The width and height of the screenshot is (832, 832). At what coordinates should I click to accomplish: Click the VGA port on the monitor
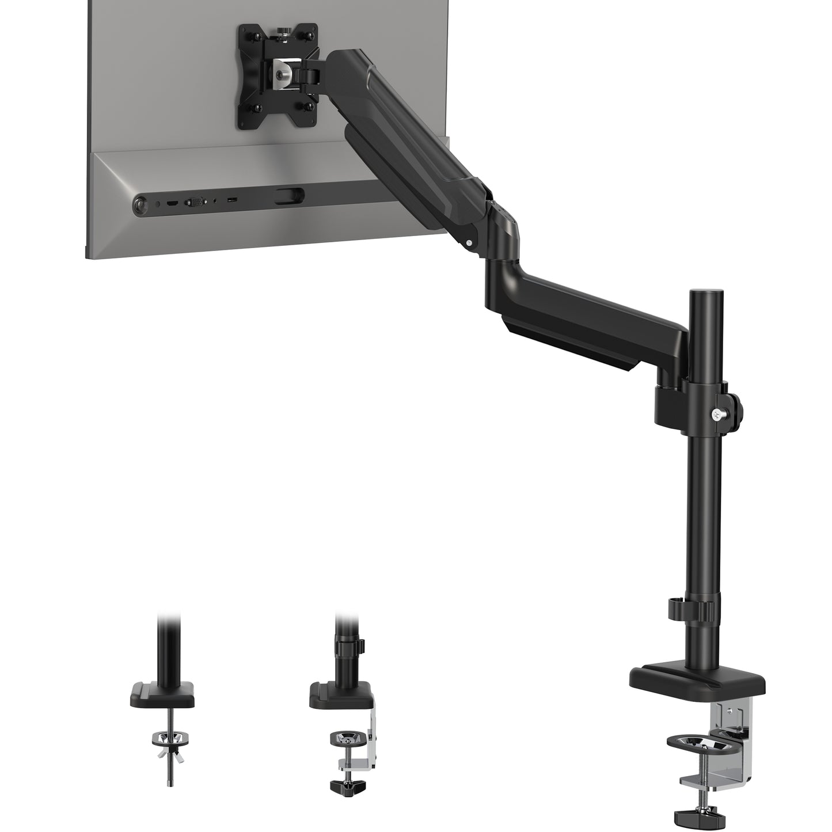192,202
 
